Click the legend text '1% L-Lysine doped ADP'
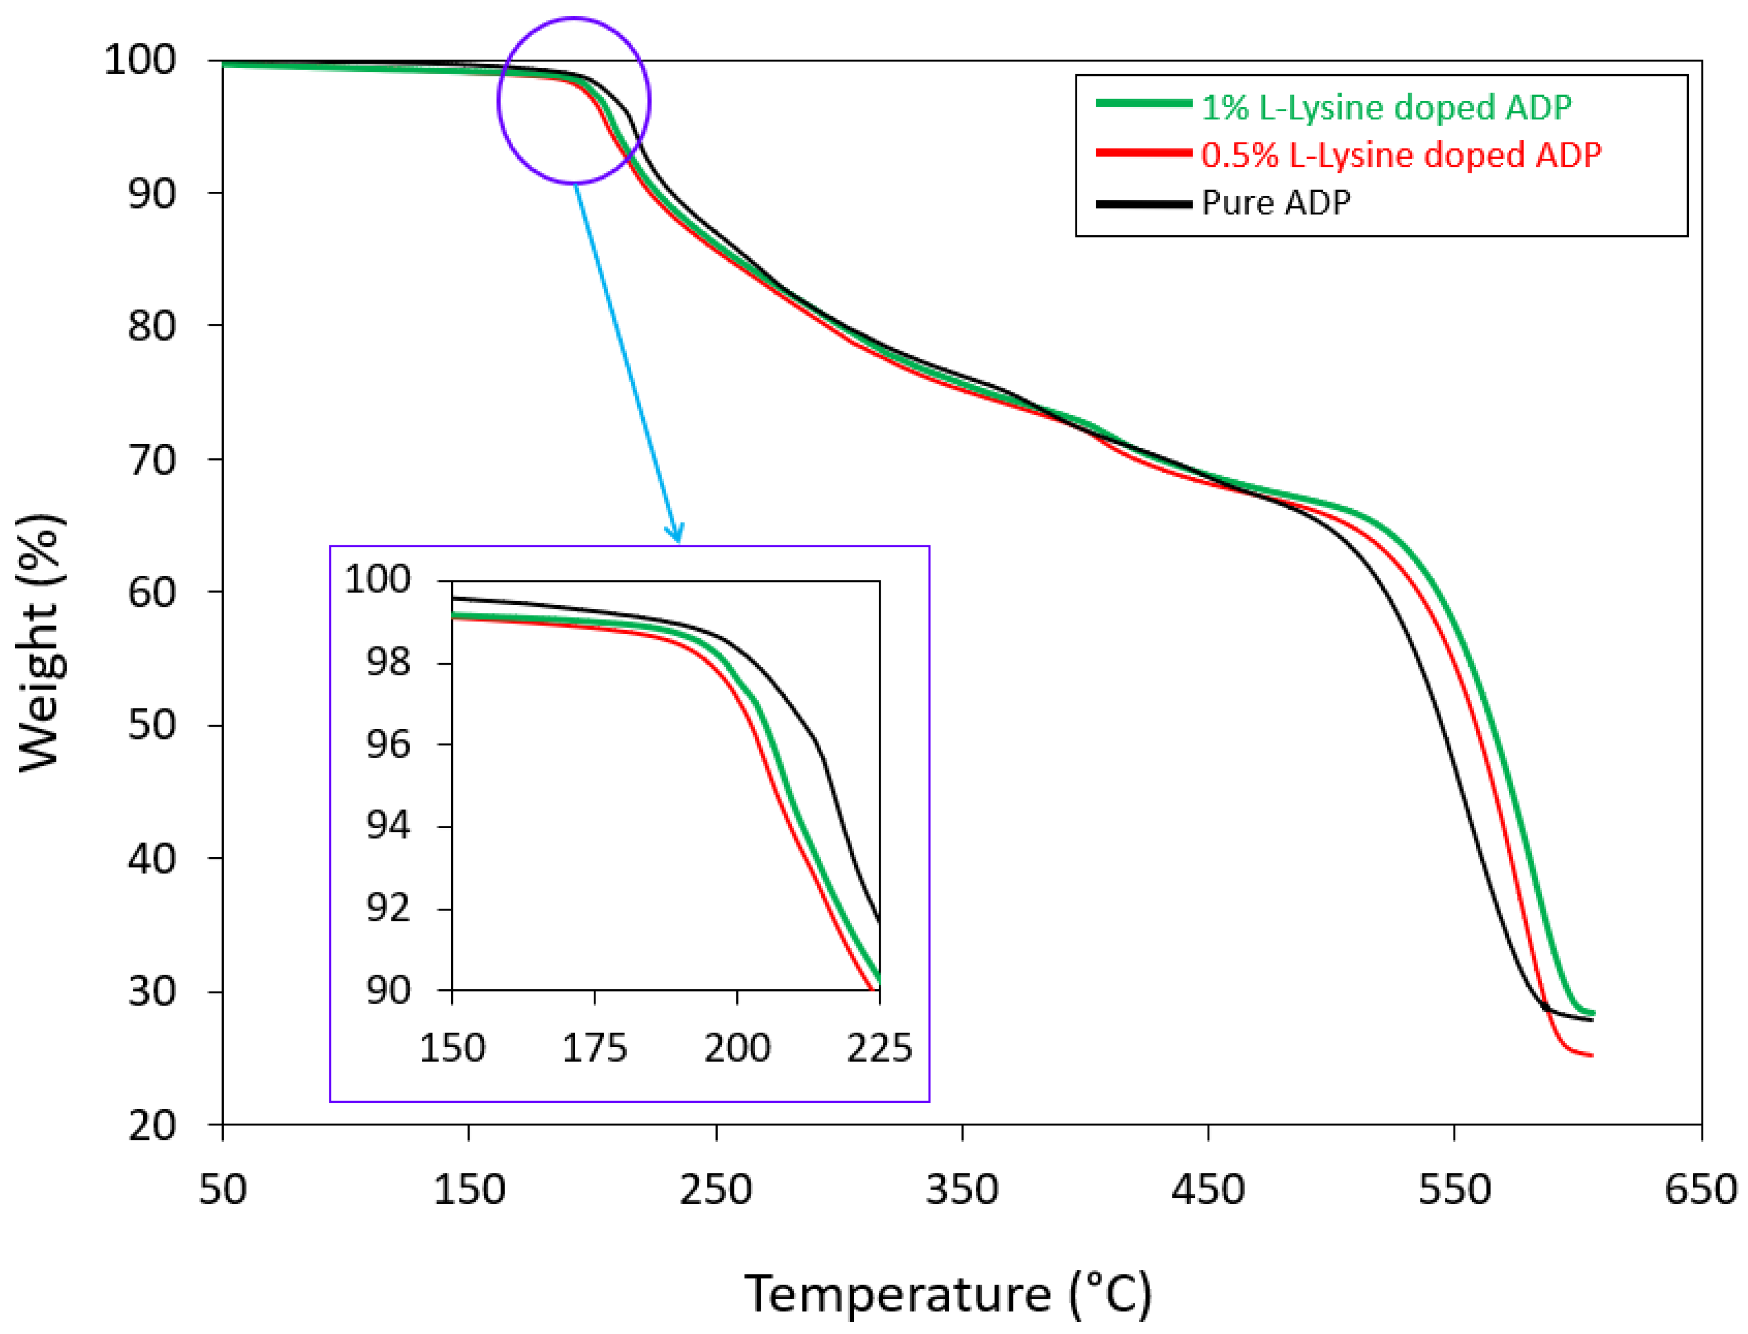(x=1386, y=107)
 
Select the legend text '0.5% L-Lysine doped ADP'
(x=1400, y=155)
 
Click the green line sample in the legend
(x=1144, y=103)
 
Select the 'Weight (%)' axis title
(x=39, y=643)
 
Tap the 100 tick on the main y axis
(x=140, y=60)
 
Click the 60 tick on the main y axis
(x=151, y=592)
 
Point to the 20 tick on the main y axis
(x=151, y=1126)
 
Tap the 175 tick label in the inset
(x=594, y=1048)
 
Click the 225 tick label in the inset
(x=879, y=1048)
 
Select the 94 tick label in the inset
(x=388, y=826)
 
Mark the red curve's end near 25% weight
(x=1591, y=1055)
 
